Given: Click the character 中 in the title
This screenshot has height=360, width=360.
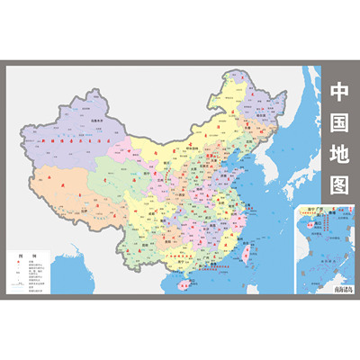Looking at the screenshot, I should click(x=339, y=93).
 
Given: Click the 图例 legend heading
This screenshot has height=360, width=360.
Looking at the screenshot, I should click(x=20, y=257).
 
